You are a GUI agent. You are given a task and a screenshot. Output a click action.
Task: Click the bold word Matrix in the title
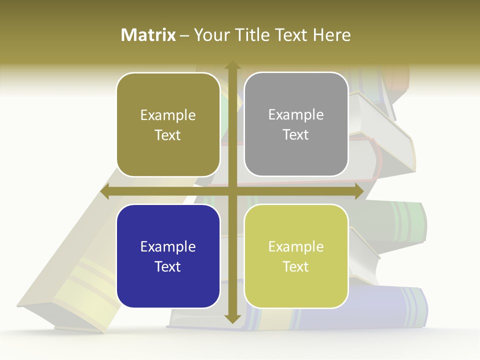(148, 35)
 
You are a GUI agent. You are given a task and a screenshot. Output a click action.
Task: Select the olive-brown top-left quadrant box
(168, 125)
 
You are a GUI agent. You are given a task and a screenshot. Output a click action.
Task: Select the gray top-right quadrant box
(296, 124)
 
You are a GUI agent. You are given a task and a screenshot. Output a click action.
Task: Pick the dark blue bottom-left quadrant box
(168, 256)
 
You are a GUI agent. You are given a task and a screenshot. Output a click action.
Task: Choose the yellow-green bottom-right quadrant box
(296, 256)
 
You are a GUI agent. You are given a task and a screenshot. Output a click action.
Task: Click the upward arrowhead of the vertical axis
(232, 65)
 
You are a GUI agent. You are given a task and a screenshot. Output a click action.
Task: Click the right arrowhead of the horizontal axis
(358, 191)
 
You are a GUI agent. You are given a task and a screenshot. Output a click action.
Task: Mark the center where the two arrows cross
(232, 191)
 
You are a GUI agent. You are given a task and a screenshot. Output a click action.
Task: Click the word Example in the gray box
(296, 114)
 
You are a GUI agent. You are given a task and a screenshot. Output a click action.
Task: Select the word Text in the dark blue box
(168, 266)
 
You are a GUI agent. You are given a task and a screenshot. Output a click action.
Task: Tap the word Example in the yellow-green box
(296, 246)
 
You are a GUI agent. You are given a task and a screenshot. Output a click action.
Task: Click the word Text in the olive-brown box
(168, 135)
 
